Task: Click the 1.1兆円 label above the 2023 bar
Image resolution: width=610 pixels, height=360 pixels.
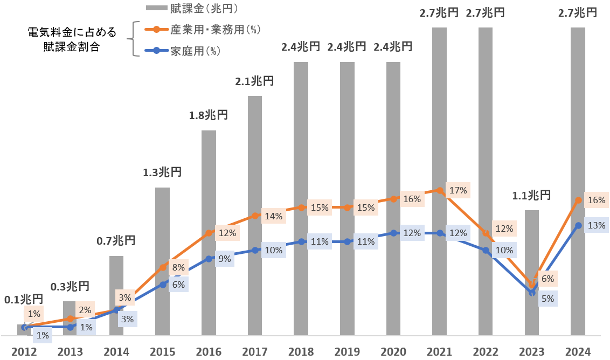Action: (531, 195)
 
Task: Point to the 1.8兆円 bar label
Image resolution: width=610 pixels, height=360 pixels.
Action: (209, 115)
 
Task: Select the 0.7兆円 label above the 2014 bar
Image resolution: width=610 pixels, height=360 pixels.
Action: (116, 241)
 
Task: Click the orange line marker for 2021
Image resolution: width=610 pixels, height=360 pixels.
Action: (440, 191)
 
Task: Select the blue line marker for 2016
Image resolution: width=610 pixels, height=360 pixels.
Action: (209, 259)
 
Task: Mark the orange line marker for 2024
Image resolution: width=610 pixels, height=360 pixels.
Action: (578, 200)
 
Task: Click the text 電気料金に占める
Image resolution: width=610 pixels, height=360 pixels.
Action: (72, 32)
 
